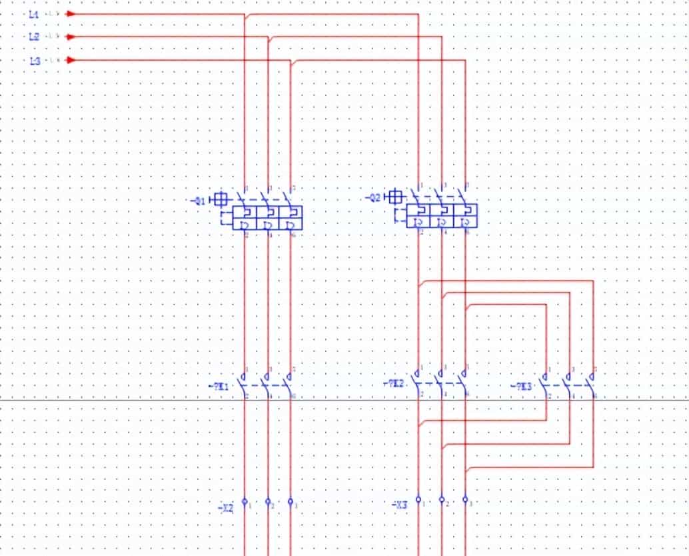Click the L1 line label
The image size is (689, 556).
35,13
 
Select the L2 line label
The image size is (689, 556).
35,37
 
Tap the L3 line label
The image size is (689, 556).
35,61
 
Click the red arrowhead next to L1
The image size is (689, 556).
71,13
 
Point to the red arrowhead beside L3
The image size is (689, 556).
71,61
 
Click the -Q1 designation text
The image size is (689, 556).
198,199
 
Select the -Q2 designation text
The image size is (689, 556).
373,198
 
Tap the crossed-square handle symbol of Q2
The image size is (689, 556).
396,197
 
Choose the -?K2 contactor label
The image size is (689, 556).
394,383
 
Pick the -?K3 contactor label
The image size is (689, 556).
522,386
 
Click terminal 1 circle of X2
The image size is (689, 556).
245,501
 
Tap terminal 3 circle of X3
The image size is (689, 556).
465,499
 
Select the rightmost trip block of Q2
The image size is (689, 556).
465,216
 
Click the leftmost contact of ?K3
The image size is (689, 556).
546,384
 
